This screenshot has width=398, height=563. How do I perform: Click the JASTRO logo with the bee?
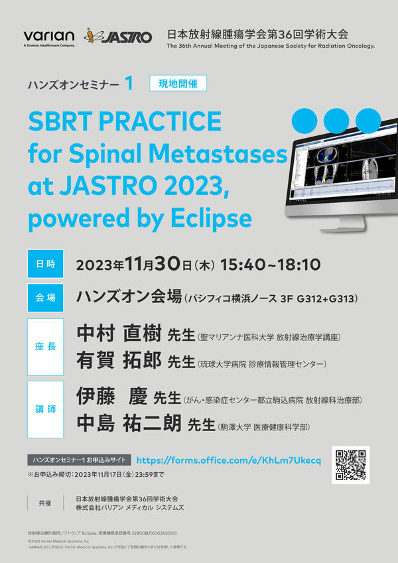[x=118, y=36]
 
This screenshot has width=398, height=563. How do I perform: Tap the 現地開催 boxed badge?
[x=178, y=84]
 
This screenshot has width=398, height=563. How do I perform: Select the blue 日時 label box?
[x=45, y=264]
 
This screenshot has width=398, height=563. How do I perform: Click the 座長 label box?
[x=45, y=347]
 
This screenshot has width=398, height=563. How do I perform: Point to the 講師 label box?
[x=45, y=409]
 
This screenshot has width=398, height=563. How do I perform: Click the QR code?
[x=351, y=466]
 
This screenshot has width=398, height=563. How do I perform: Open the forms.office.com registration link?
[x=228, y=460]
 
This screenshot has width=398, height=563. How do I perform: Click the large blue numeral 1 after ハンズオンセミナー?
[x=129, y=84]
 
